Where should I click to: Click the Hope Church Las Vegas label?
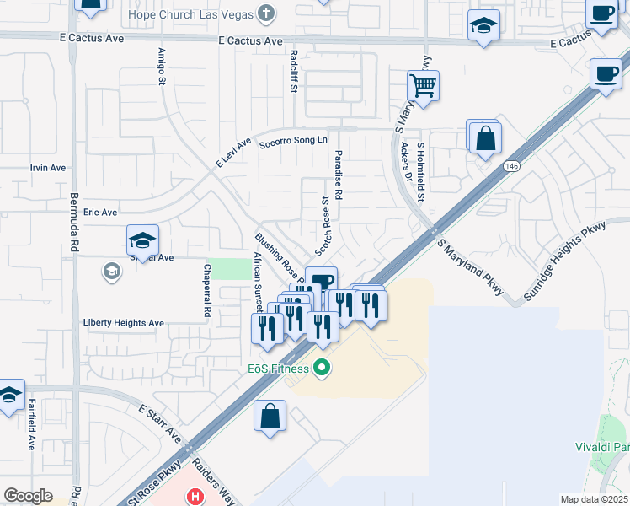pyautogui.click(x=189, y=14)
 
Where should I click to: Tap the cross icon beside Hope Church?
pyautogui.click(x=266, y=13)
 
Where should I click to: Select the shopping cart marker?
pyautogui.click(x=423, y=85)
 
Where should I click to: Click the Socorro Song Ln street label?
pyautogui.click(x=292, y=140)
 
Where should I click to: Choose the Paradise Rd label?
pyautogui.click(x=339, y=175)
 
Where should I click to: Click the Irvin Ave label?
pyautogui.click(x=48, y=168)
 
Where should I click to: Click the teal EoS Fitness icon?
pyautogui.click(x=320, y=368)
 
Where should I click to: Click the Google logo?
pyautogui.click(x=28, y=496)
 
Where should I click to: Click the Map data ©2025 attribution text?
pyautogui.click(x=594, y=499)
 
